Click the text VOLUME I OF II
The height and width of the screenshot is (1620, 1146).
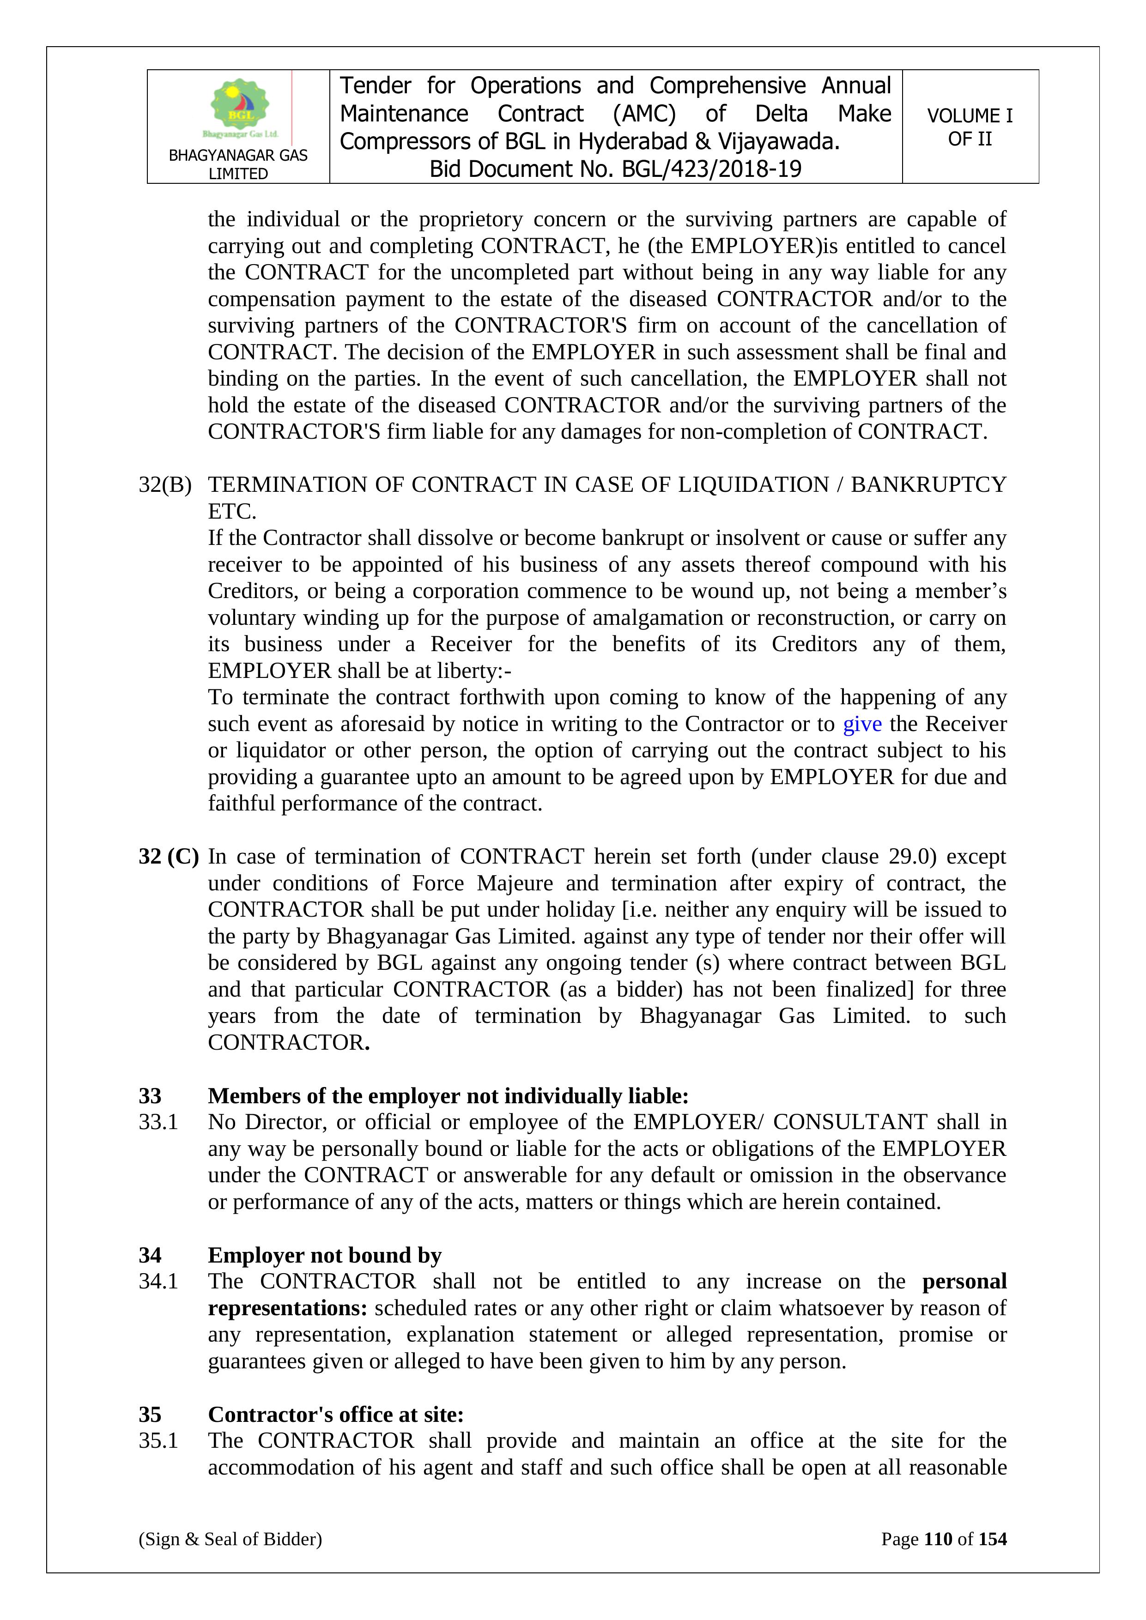pyautogui.click(x=970, y=127)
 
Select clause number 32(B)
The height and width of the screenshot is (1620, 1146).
pyautogui.click(x=165, y=485)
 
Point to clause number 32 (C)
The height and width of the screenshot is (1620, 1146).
pyautogui.click(x=169, y=857)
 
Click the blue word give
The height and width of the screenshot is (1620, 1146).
pyautogui.click(x=861, y=724)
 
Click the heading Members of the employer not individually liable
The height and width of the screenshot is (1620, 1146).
pyautogui.click(x=448, y=1096)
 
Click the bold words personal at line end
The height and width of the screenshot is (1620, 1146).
pyautogui.click(x=964, y=1281)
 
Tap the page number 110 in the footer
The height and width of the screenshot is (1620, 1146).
pyautogui.click(x=938, y=1539)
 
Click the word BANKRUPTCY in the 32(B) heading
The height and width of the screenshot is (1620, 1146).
pyautogui.click(x=928, y=485)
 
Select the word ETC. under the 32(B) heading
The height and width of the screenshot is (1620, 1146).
pyautogui.click(x=232, y=512)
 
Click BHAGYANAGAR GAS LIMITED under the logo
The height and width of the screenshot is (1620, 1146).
pyautogui.click(x=238, y=164)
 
